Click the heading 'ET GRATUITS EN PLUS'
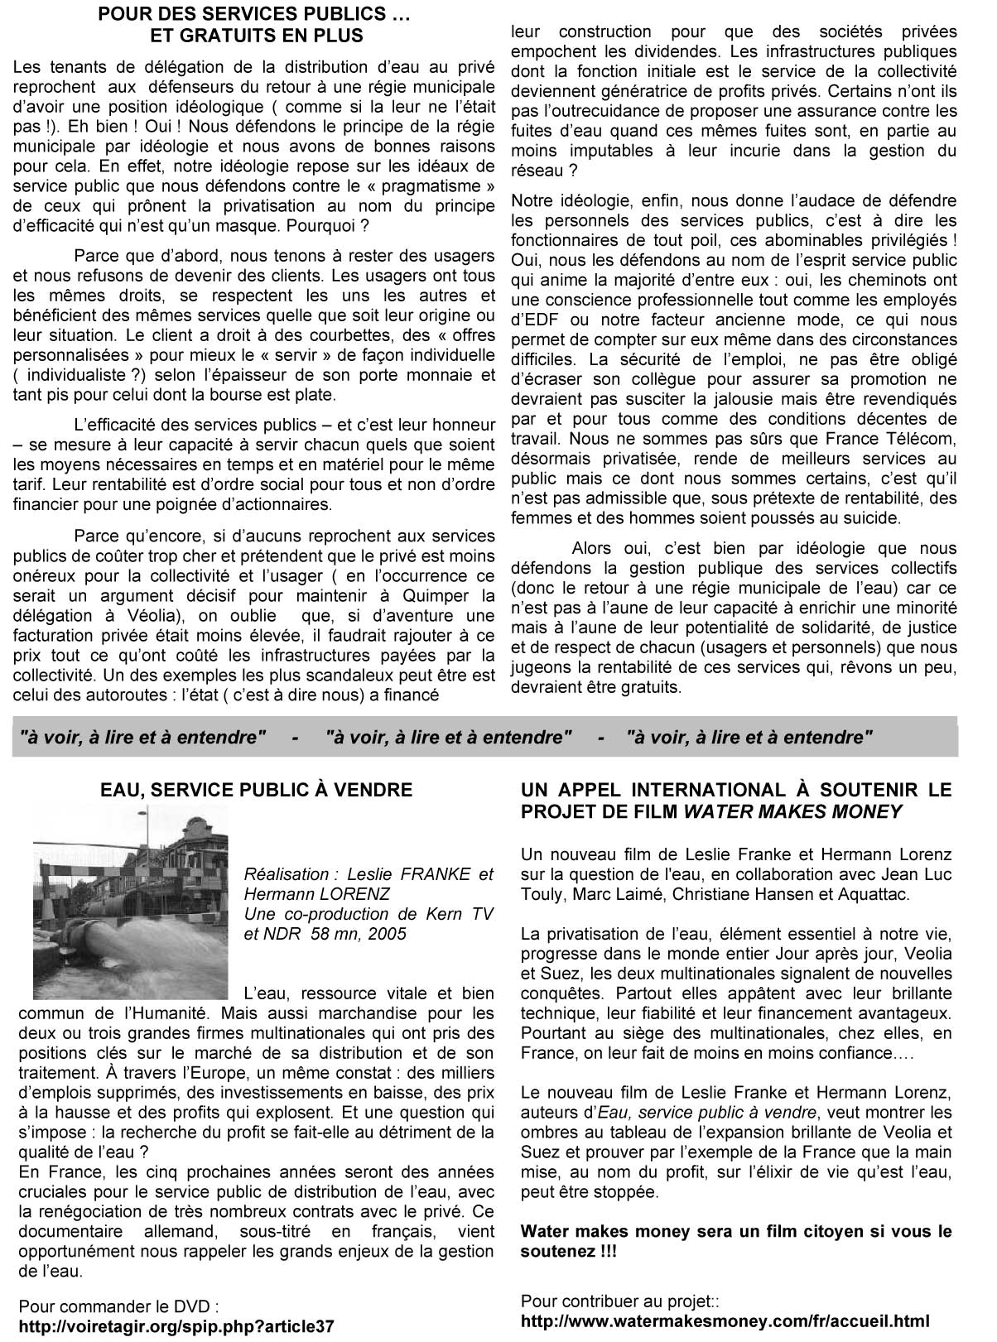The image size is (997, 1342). click(x=256, y=36)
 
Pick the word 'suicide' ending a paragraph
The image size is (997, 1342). click(x=869, y=518)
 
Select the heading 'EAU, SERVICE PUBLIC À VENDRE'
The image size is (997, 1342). click(x=256, y=790)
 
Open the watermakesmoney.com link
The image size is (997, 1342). click(x=725, y=1321)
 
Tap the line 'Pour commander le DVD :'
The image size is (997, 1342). click(x=118, y=1307)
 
